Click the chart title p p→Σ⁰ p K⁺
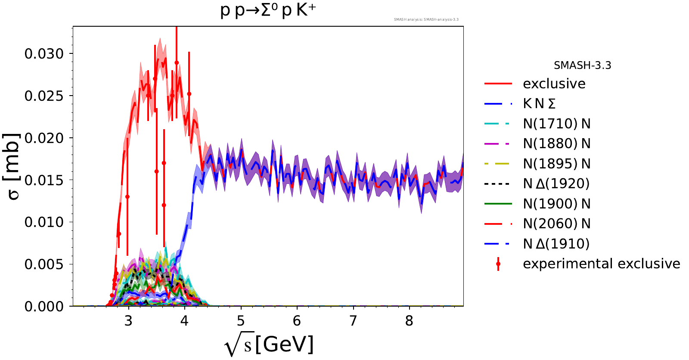click(268, 10)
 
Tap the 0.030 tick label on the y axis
click(44, 54)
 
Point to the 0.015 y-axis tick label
click(44, 180)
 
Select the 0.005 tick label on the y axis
click(44, 264)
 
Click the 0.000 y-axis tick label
click(44, 306)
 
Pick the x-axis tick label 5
click(241, 321)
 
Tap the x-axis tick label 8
click(409, 321)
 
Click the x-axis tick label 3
click(128, 321)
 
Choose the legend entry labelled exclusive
click(554, 84)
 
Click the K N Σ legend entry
click(539, 104)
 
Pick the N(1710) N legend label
click(556, 124)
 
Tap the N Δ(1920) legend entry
click(556, 183)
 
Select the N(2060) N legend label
click(556, 223)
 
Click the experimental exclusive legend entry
click(601, 264)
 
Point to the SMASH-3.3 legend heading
click(582, 65)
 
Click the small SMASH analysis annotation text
click(426, 19)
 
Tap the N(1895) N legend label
click(556, 164)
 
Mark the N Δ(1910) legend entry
click(556, 244)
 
